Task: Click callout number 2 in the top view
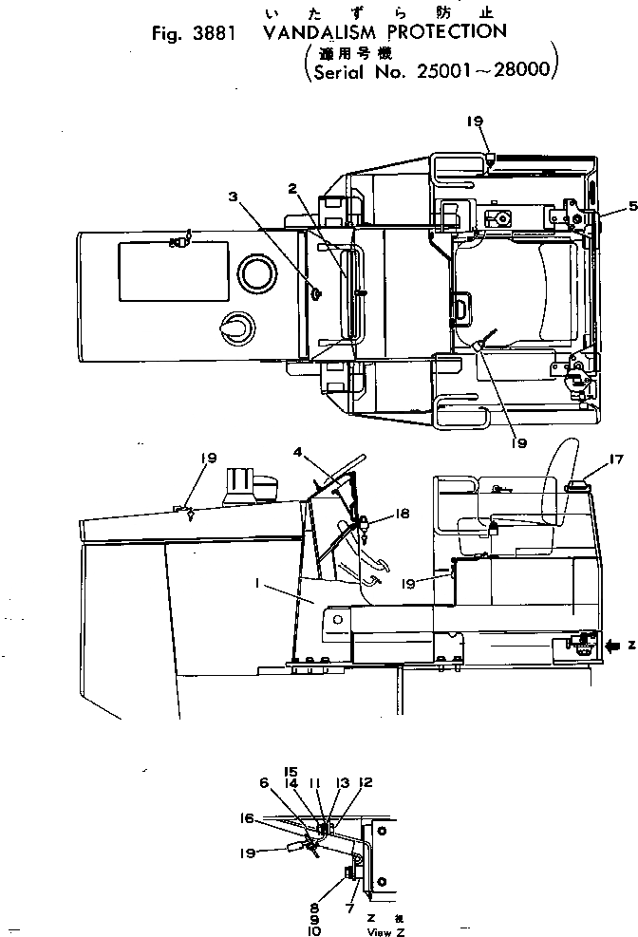click(x=294, y=189)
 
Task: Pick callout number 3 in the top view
click(x=233, y=197)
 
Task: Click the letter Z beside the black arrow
click(x=631, y=645)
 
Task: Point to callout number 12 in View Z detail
click(x=366, y=782)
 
